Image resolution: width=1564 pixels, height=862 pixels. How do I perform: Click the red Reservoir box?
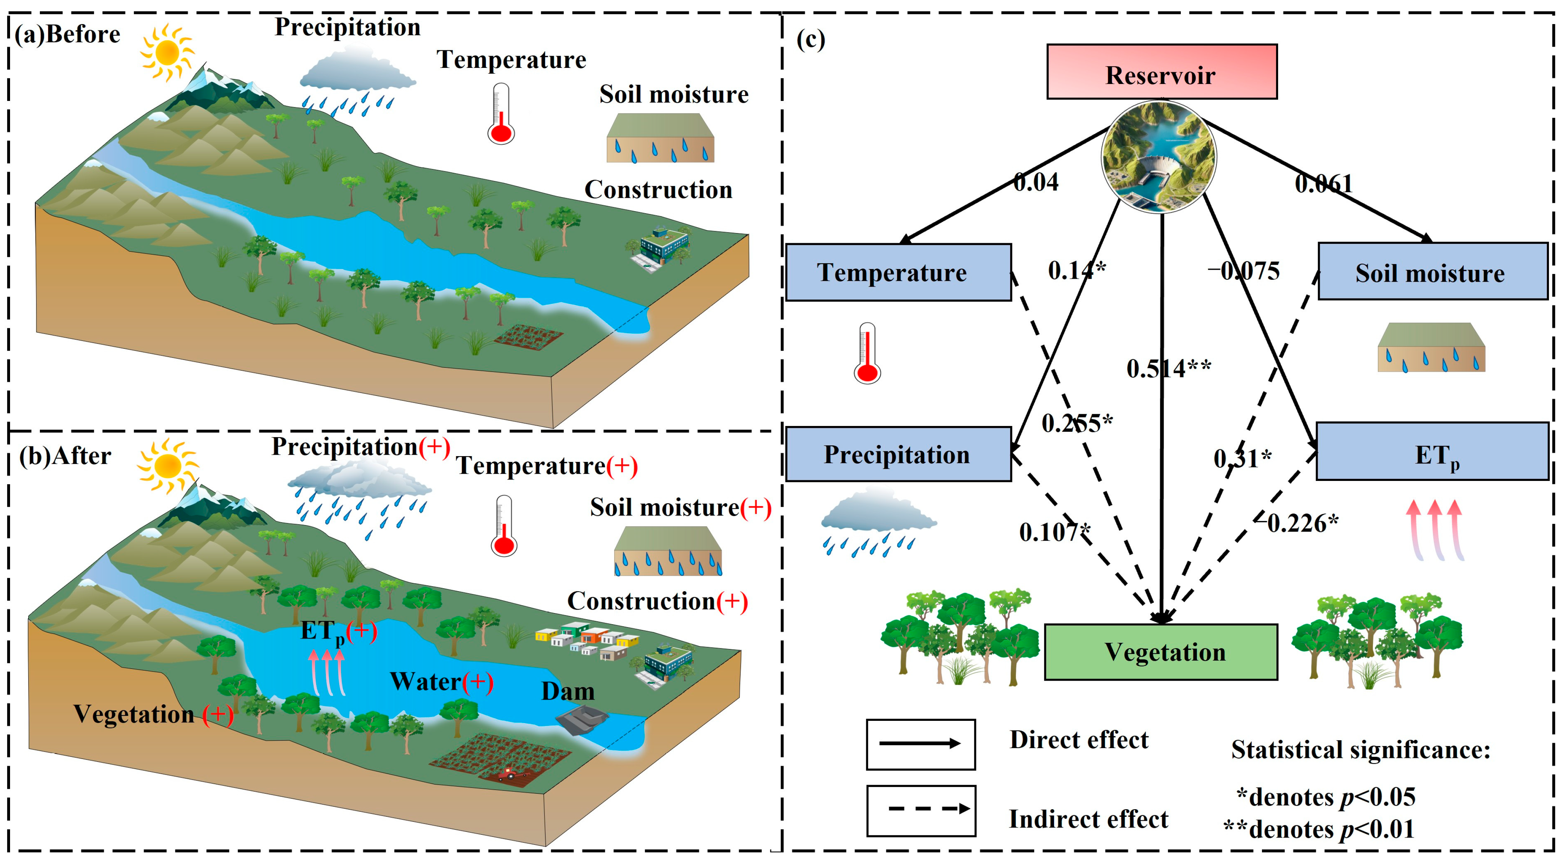(x=1161, y=71)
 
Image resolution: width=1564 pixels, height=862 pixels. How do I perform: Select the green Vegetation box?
(x=1160, y=652)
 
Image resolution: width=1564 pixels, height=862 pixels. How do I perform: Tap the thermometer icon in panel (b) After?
(x=503, y=527)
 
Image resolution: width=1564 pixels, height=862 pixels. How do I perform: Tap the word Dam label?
(x=568, y=691)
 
